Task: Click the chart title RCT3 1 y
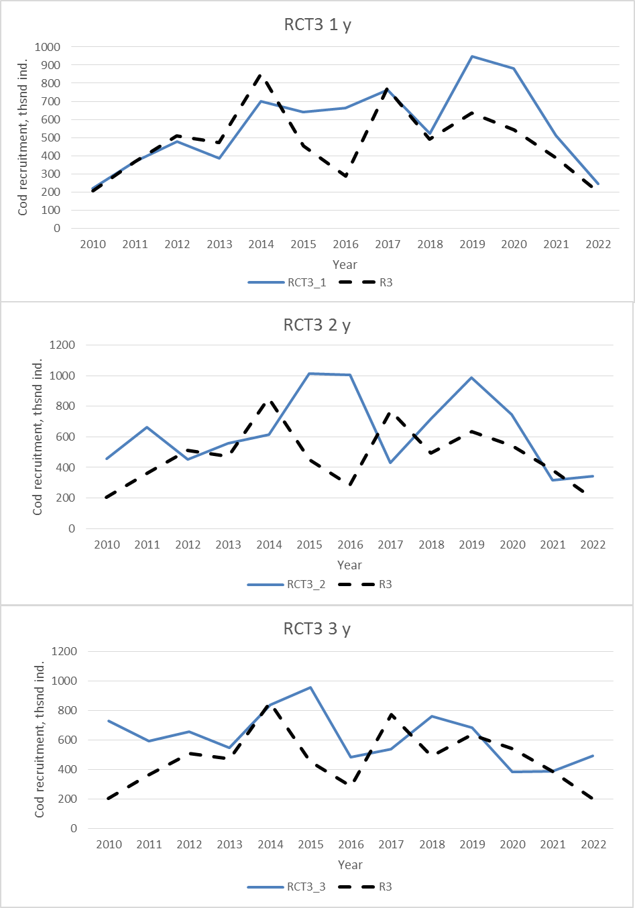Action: pos(317,25)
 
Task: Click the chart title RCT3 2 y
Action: pos(316,326)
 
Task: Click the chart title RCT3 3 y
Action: pos(316,629)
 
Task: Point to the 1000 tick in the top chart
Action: pos(48,47)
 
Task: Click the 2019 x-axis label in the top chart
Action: pos(472,244)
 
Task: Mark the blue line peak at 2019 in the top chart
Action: pos(472,56)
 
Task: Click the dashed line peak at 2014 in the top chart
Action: pos(262,75)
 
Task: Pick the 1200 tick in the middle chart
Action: pos(62,345)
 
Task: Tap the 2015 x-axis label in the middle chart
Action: pos(309,545)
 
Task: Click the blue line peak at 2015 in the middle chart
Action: pos(309,374)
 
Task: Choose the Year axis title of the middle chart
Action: pos(349,565)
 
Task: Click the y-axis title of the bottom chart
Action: pos(40,739)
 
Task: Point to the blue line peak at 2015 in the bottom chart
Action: pos(310,687)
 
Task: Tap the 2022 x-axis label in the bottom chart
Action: pos(593,844)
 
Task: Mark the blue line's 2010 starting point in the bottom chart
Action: pos(109,721)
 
